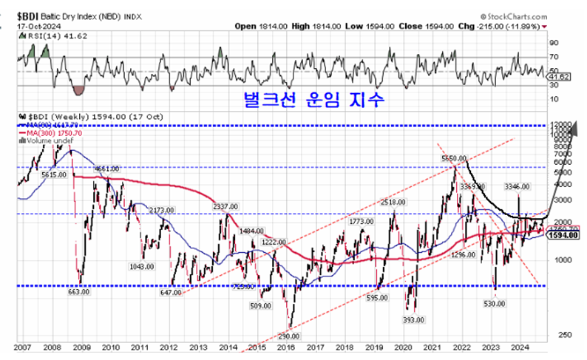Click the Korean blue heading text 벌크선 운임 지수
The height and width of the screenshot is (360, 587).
click(310, 99)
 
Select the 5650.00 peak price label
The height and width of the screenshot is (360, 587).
click(452, 158)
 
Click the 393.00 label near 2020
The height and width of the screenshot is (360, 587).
click(413, 319)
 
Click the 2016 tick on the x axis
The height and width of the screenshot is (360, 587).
click(286, 347)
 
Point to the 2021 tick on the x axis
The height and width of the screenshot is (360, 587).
click(432, 347)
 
